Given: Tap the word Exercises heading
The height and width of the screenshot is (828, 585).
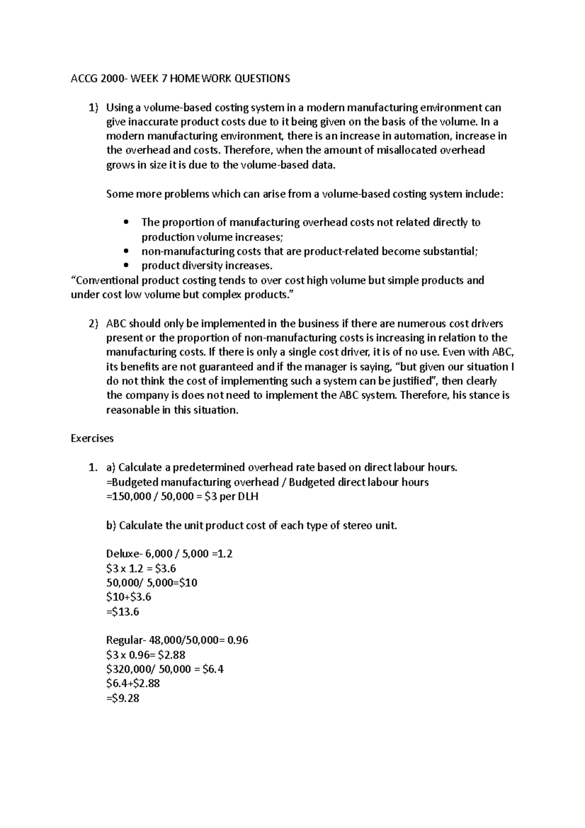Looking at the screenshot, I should (92, 438).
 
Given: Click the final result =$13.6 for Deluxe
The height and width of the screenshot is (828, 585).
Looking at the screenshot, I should (122, 611).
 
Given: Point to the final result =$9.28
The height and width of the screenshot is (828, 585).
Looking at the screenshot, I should (122, 698).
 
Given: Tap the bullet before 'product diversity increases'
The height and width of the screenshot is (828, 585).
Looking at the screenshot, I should (127, 266).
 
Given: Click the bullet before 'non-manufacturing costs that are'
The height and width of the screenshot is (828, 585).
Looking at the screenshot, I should (127, 252).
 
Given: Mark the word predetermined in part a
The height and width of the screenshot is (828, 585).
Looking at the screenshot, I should (211, 468).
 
